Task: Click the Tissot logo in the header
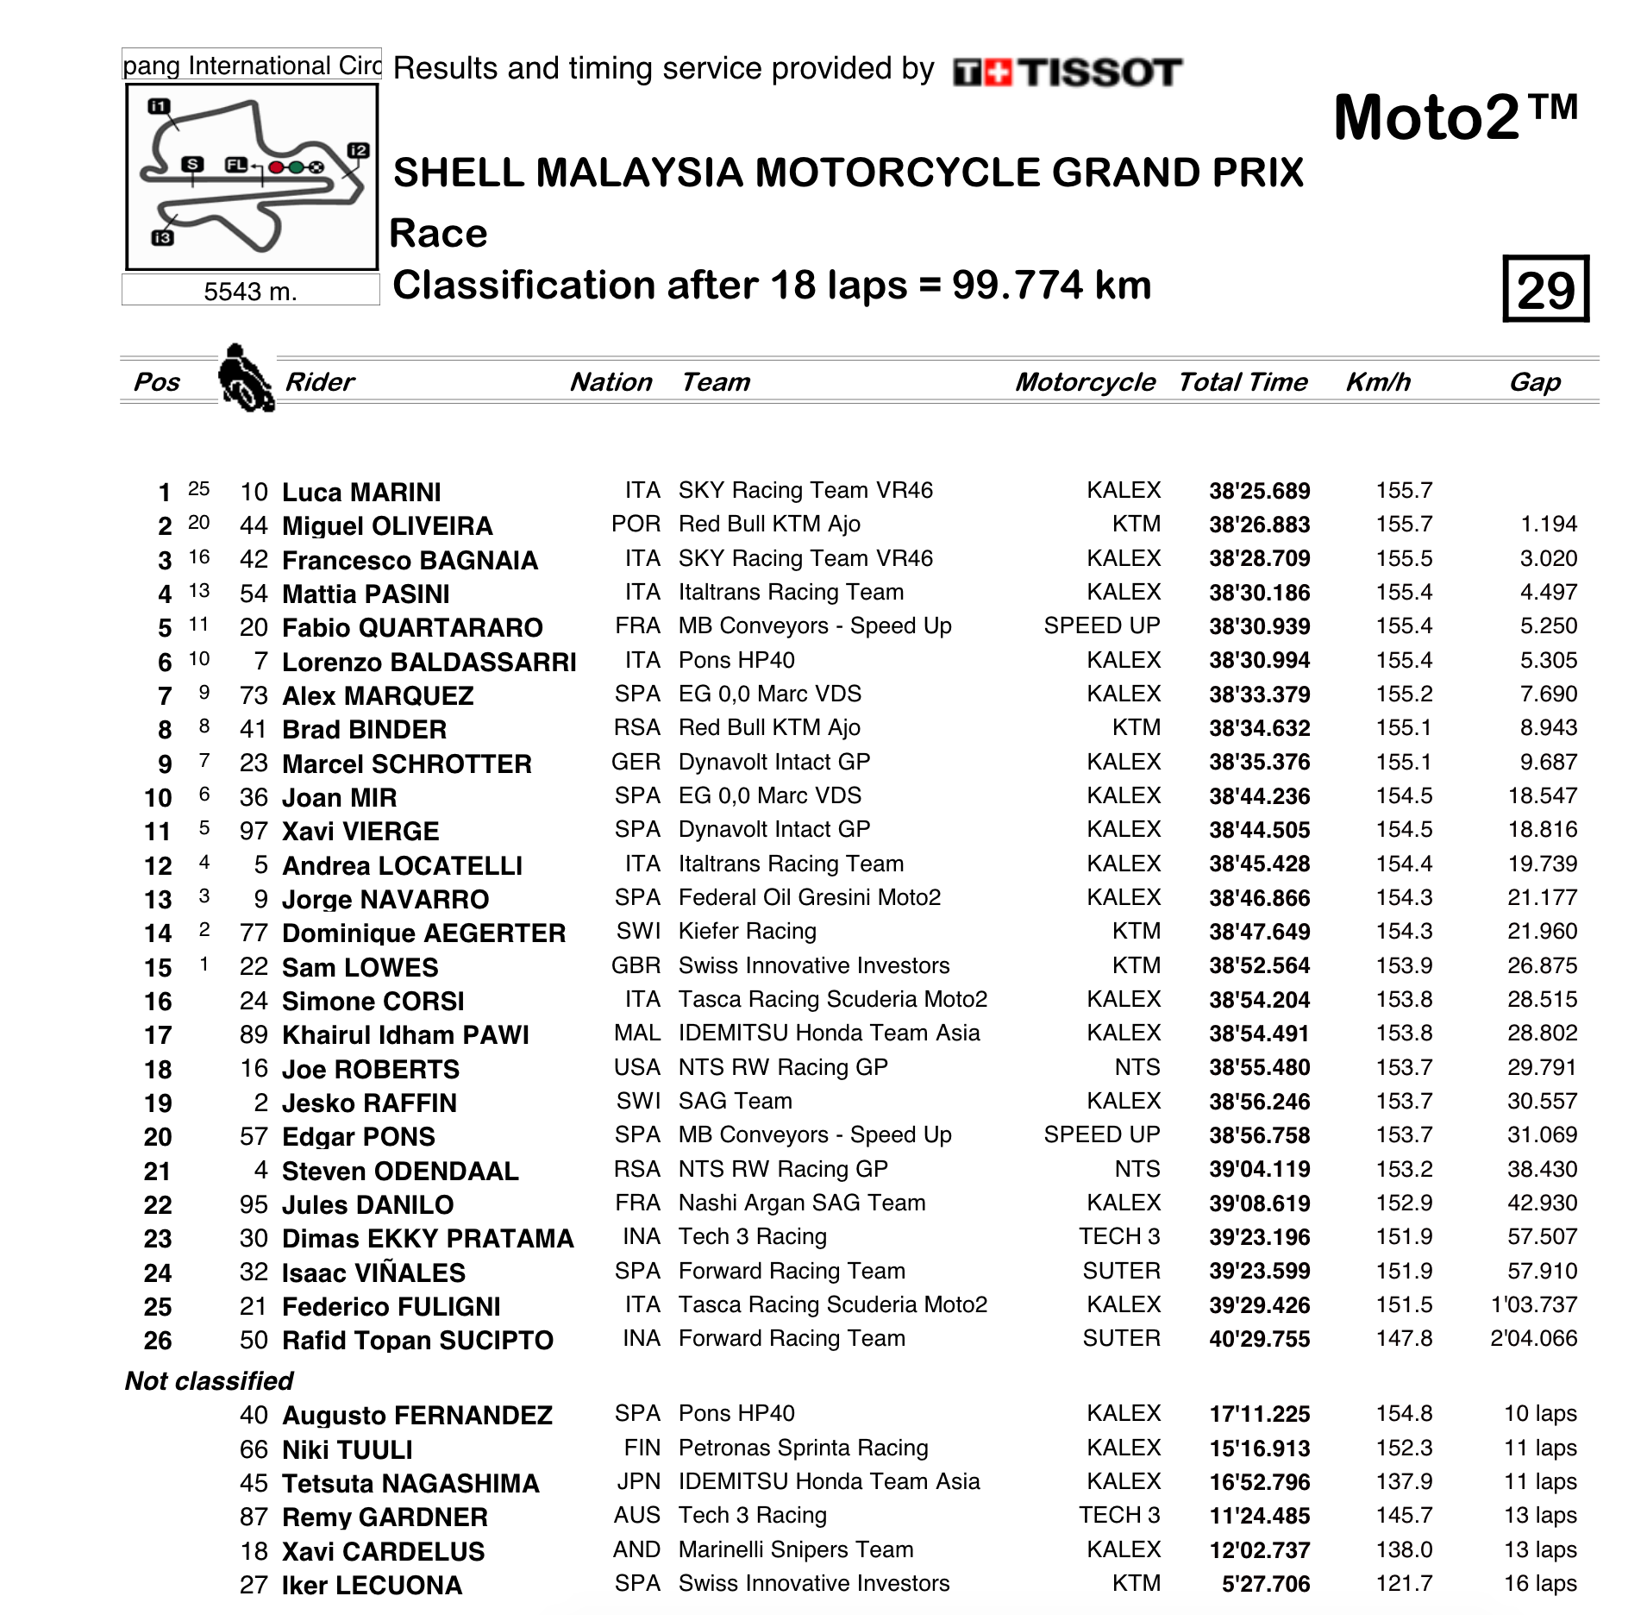pyautogui.click(x=1068, y=72)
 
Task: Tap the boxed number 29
pyautogui.click(x=1545, y=290)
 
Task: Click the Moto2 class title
pyautogui.click(x=1455, y=118)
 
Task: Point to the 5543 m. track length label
pyautogui.click(x=250, y=292)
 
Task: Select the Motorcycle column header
pyautogui.click(x=1085, y=382)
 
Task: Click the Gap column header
pyautogui.click(x=1535, y=382)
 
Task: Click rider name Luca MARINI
pyautogui.click(x=361, y=492)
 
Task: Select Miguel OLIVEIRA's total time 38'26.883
pyautogui.click(x=1259, y=525)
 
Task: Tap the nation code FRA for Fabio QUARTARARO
pyautogui.click(x=637, y=626)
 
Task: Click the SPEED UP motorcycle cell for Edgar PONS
pyautogui.click(x=1101, y=1135)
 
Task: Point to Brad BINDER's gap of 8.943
pyautogui.click(x=1548, y=728)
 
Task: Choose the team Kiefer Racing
pyautogui.click(x=747, y=932)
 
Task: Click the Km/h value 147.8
pyautogui.click(x=1404, y=1339)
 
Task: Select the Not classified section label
pyautogui.click(x=209, y=1381)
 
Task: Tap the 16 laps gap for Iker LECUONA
pyautogui.click(x=1540, y=1584)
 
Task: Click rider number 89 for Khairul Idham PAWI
pyautogui.click(x=254, y=1034)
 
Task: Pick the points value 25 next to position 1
pyautogui.click(x=198, y=489)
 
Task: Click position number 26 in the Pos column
pyautogui.click(x=158, y=1341)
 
